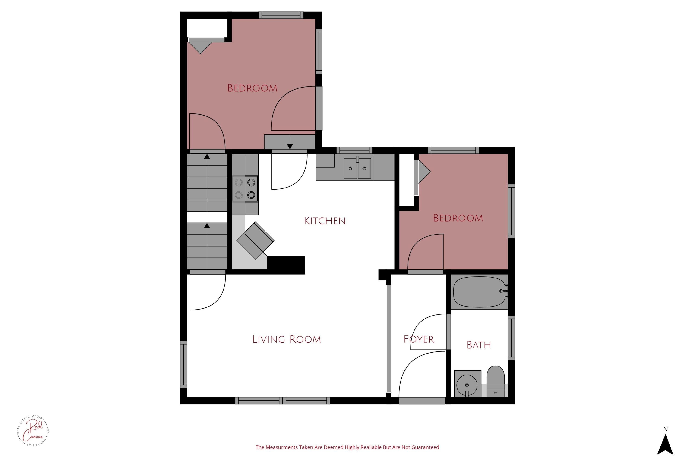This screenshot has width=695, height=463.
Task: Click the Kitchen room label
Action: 325,221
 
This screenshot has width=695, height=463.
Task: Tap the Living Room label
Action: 286,339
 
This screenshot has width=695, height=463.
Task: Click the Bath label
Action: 478,345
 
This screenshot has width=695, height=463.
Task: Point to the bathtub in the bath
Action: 479,291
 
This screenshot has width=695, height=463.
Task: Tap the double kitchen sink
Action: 357,168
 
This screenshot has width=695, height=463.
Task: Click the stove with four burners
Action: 245,189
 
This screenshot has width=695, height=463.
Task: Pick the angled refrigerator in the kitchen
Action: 255,241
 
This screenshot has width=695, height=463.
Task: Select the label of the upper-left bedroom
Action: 252,88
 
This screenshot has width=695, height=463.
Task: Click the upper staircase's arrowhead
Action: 207,156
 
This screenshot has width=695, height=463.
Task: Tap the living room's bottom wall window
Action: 282,401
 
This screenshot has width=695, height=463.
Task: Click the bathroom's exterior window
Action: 511,338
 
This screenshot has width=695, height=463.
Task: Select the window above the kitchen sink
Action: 354,150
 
